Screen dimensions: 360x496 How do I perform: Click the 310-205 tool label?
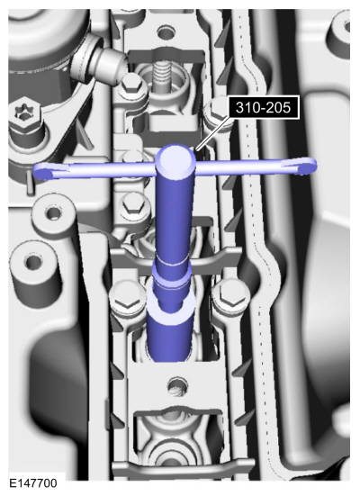(x=263, y=107)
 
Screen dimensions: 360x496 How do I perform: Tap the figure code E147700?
(x=33, y=483)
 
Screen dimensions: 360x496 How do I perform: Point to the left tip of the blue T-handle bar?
(x=34, y=173)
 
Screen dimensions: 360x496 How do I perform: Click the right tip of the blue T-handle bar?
(x=315, y=165)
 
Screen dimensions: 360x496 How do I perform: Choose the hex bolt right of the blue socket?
(x=230, y=296)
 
